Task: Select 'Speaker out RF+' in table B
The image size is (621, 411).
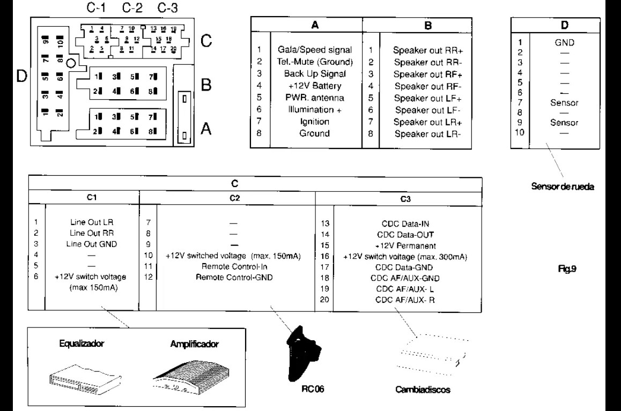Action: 428,74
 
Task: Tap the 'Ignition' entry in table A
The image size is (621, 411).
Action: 314,122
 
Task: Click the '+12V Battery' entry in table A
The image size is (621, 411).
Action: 314,86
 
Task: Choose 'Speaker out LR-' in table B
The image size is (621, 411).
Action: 428,133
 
